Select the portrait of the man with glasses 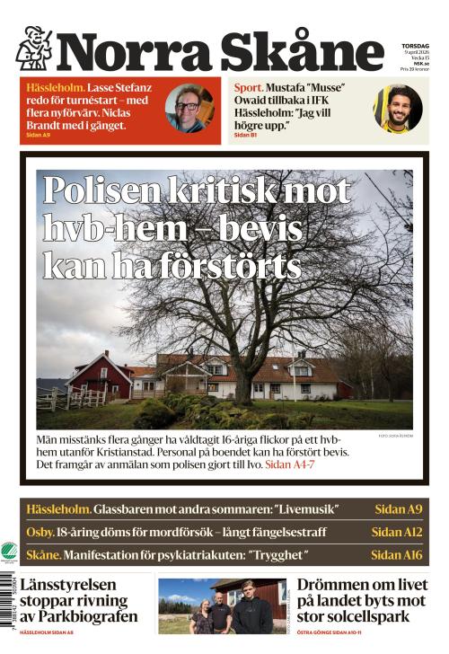[189, 108]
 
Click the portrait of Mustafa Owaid [398, 109]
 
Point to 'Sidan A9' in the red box [39, 135]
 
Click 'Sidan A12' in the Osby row [396, 532]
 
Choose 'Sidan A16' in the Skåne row [396, 555]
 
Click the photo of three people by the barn [222, 606]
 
